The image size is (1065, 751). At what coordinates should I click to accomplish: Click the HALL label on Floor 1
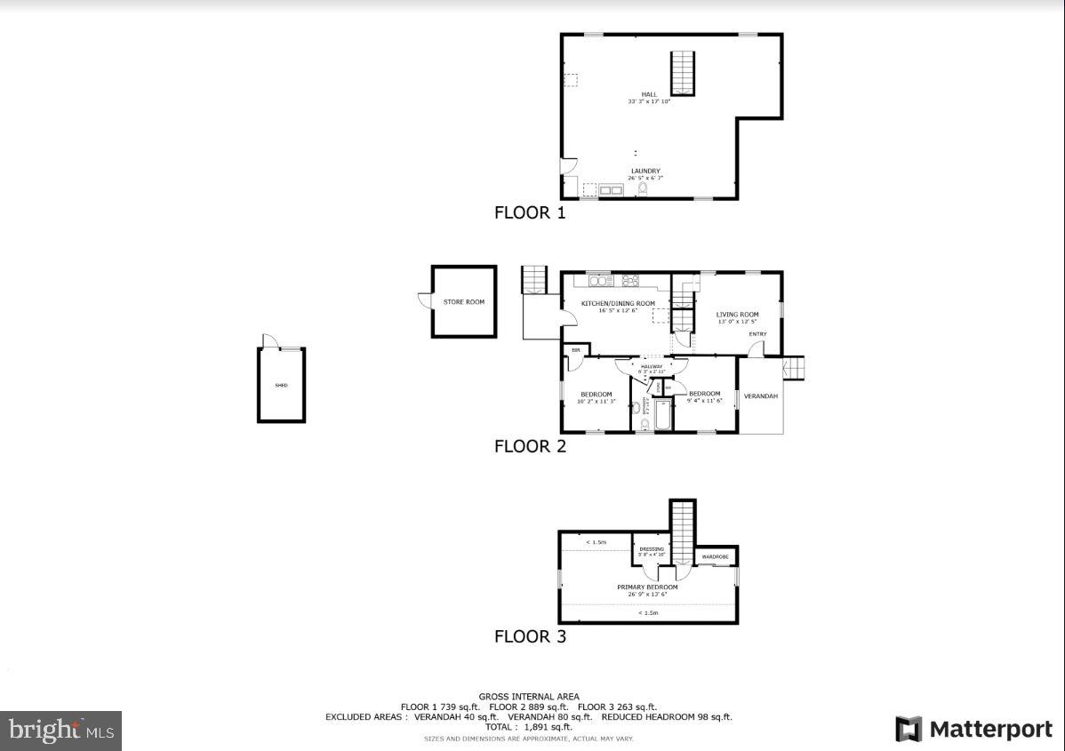coord(648,94)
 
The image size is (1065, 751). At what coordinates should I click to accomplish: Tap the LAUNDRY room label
coord(645,171)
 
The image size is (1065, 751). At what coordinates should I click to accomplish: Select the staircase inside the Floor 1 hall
coord(682,73)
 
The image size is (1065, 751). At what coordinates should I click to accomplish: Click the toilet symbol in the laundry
coord(656,188)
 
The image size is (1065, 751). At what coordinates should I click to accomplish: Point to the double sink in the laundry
coord(611,189)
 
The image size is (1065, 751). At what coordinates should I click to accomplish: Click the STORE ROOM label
coord(464,302)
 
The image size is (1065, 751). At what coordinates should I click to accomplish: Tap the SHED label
coord(281,386)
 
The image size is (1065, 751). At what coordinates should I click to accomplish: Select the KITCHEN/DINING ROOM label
coord(618,304)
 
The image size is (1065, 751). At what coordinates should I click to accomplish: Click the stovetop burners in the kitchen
coord(631,281)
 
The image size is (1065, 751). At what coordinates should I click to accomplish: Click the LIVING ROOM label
coord(737,315)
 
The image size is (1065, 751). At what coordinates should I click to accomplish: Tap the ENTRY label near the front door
coord(757,334)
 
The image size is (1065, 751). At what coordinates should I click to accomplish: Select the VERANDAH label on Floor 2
coord(761,395)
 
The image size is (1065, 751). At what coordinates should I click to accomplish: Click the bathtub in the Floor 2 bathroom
coord(662,415)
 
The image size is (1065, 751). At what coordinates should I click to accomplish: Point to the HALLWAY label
coord(652,366)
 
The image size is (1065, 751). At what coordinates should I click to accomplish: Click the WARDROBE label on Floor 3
coord(716,557)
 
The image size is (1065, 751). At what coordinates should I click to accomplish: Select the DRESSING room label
coord(652,549)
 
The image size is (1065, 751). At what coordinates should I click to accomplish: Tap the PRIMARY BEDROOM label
coord(647,587)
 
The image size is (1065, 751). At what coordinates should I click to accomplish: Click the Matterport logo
coord(974,730)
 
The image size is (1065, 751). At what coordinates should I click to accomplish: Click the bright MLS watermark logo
coord(60,731)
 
